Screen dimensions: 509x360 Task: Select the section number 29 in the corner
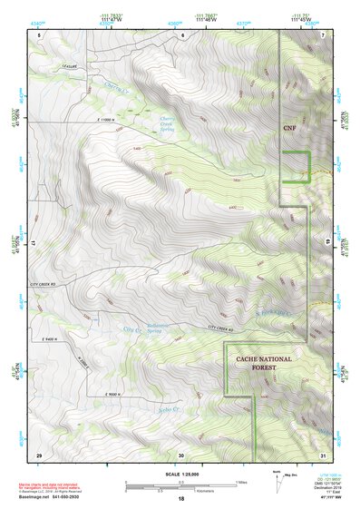[x=39, y=454]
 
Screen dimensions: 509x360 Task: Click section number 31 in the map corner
[x=324, y=454]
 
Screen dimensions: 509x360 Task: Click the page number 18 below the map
[x=180, y=499]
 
